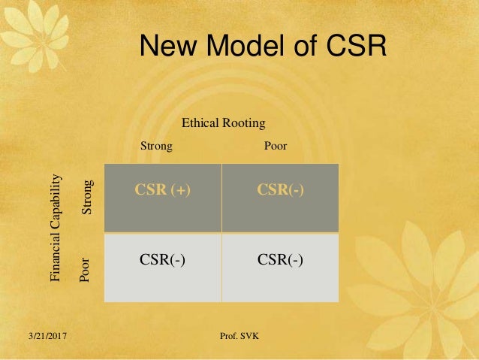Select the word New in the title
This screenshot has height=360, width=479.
[166, 47]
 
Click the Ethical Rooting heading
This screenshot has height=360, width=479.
[224, 123]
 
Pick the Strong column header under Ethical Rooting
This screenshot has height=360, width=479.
[157, 146]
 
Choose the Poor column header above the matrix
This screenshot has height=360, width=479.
[276, 146]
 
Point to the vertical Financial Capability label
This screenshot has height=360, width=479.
[55, 228]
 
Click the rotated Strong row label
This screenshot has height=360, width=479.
[87, 198]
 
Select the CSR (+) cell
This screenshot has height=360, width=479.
[163, 190]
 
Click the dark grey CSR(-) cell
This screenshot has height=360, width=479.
[280, 190]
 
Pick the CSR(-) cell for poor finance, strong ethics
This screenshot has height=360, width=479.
[163, 260]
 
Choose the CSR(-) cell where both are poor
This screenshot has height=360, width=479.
[280, 260]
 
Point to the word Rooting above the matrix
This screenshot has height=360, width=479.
[243, 123]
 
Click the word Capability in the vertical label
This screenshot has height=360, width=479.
[55, 208]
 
